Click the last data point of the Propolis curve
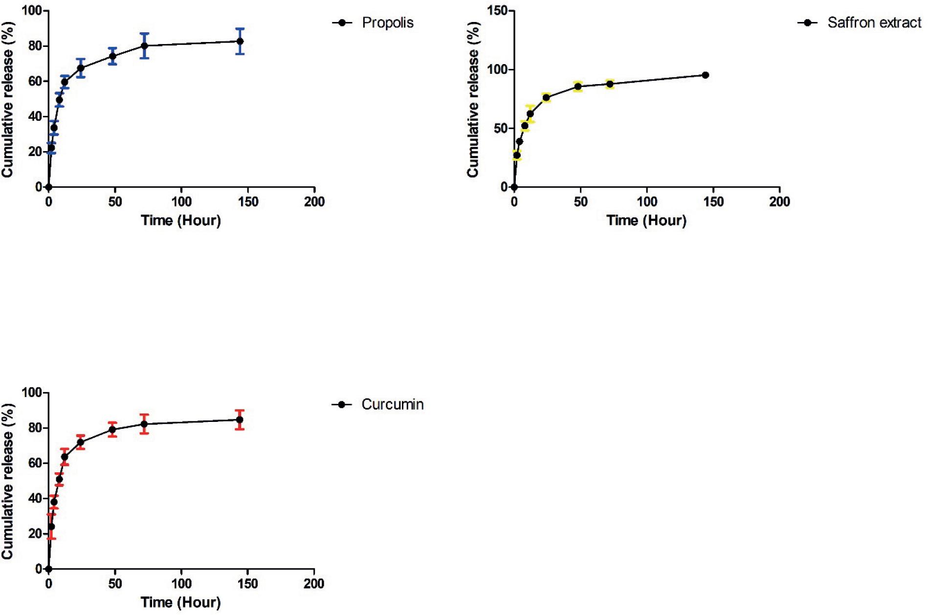click(240, 42)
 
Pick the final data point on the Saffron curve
click(705, 75)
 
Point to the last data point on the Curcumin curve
click(240, 419)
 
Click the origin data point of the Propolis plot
click(48, 187)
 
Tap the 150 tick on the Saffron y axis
click(498, 11)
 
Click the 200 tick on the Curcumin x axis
click(314, 583)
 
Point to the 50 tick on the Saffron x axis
click(580, 201)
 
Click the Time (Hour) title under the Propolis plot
click(181, 220)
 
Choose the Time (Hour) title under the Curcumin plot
click(181, 602)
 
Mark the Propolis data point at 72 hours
click(144, 45)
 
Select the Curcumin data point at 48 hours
click(112, 429)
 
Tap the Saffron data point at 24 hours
click(546, 97)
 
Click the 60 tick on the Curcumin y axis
click(35, 463)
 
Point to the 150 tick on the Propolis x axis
click(248, 201)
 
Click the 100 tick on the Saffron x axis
click(647, 201)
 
